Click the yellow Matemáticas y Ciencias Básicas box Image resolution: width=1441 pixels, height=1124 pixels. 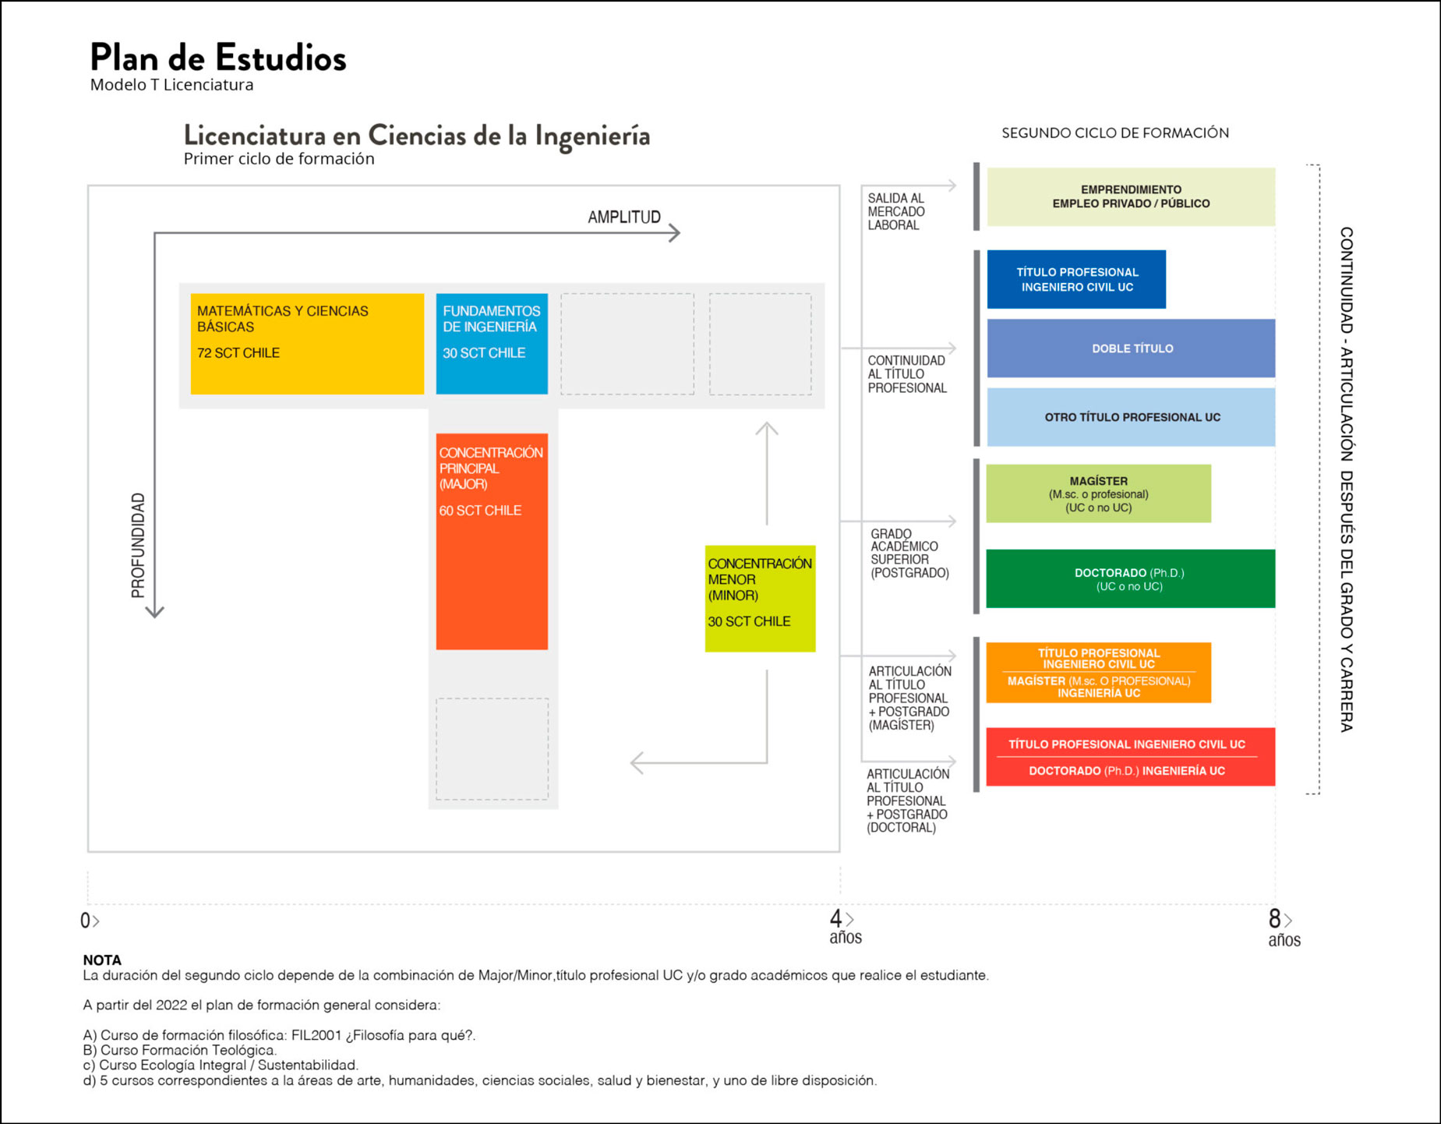click(x=307, y=344)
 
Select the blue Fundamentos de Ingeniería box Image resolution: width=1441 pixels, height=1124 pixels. click(x=492, y=344)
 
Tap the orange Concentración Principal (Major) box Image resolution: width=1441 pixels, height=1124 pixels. click(x=492, y=542)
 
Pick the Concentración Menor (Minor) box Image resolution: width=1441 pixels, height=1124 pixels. click(x=760, y=599)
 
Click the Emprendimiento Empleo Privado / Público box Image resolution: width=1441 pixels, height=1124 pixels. click(x=1131, y=197)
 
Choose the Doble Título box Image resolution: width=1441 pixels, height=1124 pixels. click(x=1131, y=348)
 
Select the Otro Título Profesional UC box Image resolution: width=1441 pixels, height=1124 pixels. click(x=1131, y=417)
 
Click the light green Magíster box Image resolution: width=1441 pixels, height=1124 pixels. click(x=1098, y=493)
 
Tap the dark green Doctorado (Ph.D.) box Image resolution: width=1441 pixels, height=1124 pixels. click(x=1130, y=578)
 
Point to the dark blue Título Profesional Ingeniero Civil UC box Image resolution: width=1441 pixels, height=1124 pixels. click(x=1076, y=279)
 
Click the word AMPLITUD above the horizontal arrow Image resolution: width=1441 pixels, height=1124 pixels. click(x=624, y=217)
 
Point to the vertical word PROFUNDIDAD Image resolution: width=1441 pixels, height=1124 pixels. click(x=138, y=546)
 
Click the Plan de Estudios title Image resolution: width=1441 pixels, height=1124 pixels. click(x=218, y=58)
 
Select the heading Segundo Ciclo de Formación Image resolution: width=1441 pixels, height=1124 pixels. click(x=1115, y=133)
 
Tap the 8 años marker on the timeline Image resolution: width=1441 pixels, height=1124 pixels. click(x=1283, y=928)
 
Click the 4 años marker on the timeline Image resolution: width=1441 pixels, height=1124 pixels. click(x=845, y=926)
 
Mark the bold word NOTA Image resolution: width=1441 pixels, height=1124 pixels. click(x=102, y=960)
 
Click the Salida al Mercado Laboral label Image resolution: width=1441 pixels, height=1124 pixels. click(x=896, y=212)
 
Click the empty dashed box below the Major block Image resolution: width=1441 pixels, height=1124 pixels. click(x=492, y=748)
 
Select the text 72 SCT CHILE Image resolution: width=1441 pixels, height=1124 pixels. click(x=238, y=353)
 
